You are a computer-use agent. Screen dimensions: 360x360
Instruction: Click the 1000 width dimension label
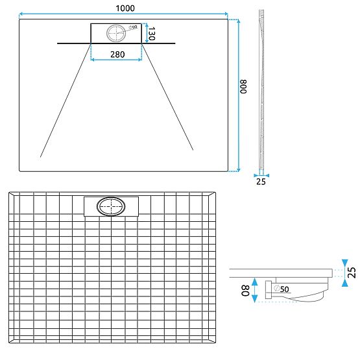[x=125, y=7]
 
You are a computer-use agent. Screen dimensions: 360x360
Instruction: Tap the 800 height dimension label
[x=244, y=87]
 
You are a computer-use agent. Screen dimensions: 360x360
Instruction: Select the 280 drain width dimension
[x=117, y=54]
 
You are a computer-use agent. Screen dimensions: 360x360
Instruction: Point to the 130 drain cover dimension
[x=151, y=34]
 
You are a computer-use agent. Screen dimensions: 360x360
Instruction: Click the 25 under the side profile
[x=261, y=182]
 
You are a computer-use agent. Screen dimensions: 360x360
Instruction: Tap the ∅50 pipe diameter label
[x=282, y=288]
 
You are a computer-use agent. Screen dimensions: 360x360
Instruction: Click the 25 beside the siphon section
[x=351, y=272]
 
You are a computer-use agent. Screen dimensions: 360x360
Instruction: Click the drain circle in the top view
[x=117, y=32]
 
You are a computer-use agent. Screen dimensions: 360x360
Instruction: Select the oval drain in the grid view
[x=110, y=207]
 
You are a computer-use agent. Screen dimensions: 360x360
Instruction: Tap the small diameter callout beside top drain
[x=133, y=27]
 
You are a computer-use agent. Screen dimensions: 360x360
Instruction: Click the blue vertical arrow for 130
[x=145, y=33]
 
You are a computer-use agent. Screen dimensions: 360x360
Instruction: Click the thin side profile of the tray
[x=261, y=91]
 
